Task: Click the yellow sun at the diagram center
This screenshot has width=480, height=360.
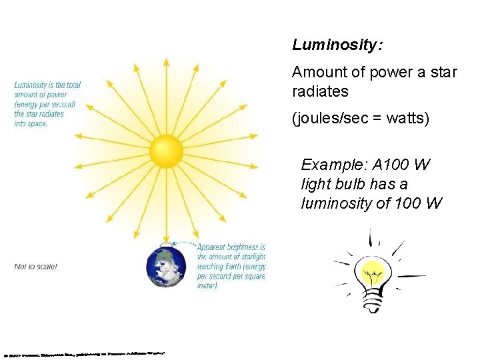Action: pyautogui.click(x=166, y=151)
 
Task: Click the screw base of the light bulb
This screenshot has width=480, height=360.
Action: pyautogui.click(x=371, y=302)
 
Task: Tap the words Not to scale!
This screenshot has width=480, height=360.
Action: pyautogui.click(x=36, y=267)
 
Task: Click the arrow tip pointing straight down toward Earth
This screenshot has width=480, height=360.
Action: pyautogui.click(x=166, y=241)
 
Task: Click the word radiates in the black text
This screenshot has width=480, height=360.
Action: pyautogui.click(x=320, y=91)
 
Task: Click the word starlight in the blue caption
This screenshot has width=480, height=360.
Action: pyautogui.click(x=251, y=257)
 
